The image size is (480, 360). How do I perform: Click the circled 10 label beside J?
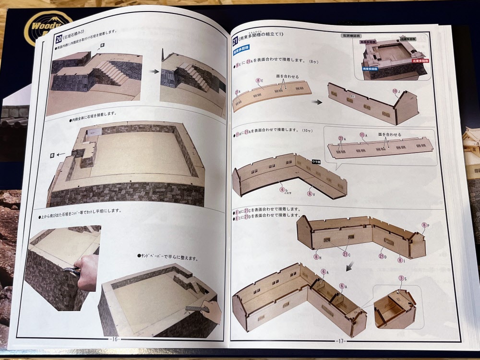tap(395, 91)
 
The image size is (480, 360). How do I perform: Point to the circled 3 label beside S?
tap(401, 278)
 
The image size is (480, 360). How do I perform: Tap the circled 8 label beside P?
tap(424, 225)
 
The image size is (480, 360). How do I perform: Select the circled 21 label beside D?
tap(382, 256)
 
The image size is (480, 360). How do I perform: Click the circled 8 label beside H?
tap(317, 257)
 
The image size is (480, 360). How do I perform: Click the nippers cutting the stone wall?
tap(71, 271)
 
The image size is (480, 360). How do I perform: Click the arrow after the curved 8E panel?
tap(316, 101)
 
